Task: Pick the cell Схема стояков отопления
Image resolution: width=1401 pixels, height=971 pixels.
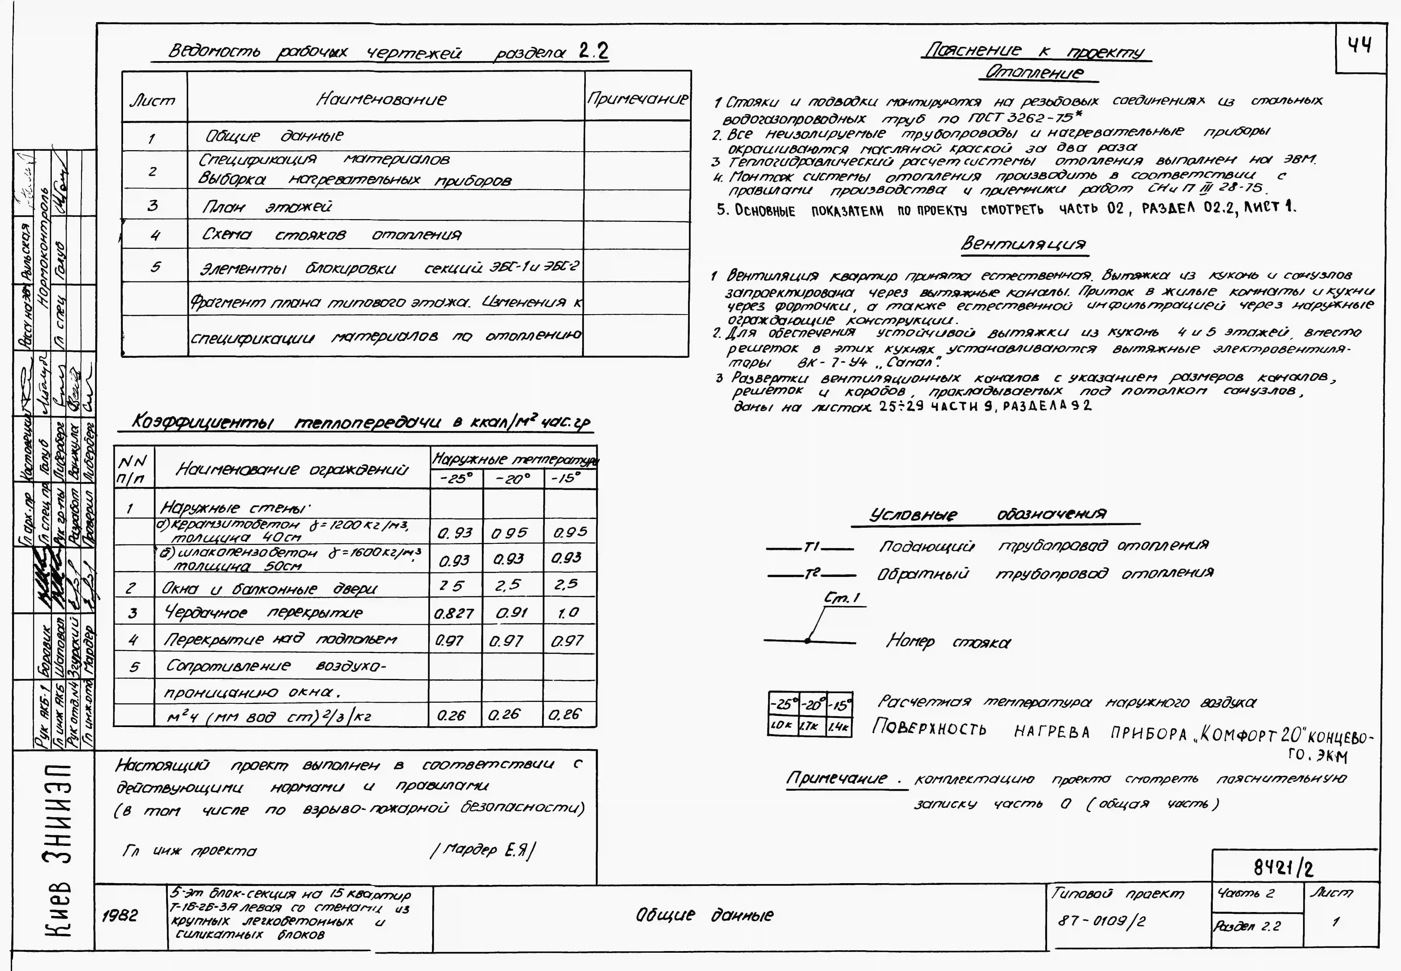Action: click(x=332, y=235)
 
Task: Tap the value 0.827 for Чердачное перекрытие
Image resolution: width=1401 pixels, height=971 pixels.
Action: click(x=454, y=613)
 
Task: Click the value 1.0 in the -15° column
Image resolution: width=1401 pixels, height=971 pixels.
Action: click(x=568, y=613)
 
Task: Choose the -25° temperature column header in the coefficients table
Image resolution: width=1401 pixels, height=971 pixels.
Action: click(x=456, y=479)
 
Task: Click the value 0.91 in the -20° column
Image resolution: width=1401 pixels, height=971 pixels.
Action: click(x=511, y=613)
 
